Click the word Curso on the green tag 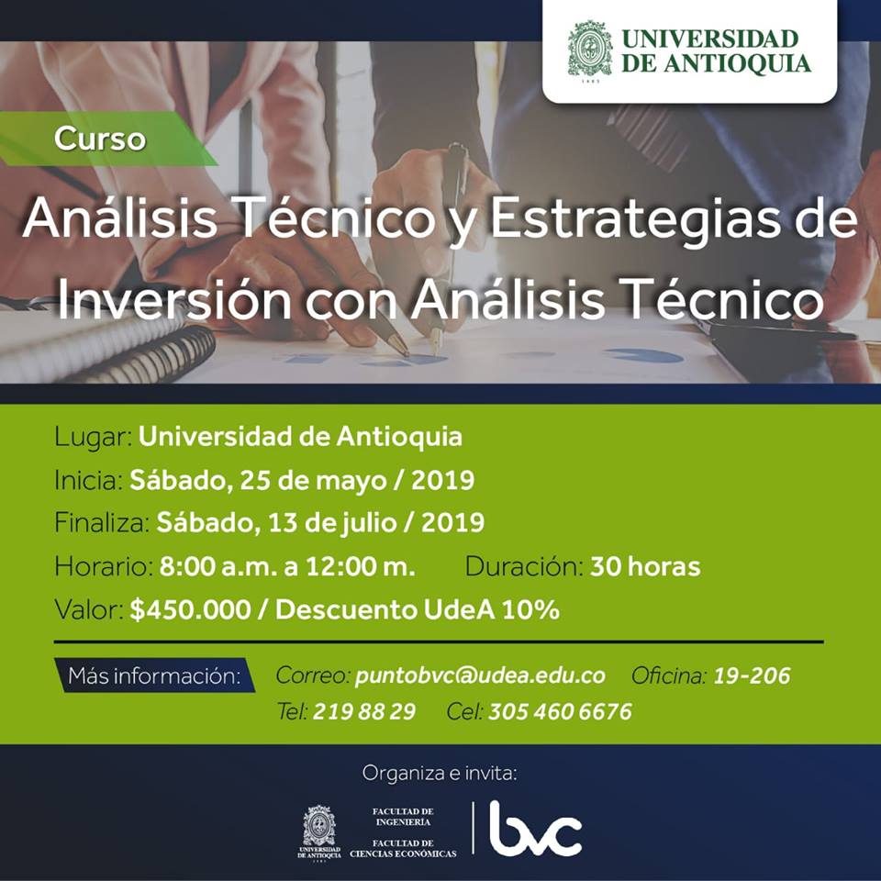100,139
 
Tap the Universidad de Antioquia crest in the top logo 589,51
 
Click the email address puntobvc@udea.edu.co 480,675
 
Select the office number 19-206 752,675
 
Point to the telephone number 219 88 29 364,711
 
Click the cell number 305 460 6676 560,711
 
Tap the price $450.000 190,609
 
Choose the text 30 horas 645,566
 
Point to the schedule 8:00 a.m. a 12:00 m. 287,566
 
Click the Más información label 154,675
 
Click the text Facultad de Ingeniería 403,817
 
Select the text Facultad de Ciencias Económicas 403,848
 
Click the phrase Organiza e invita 440,773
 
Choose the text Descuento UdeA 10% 418,609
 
